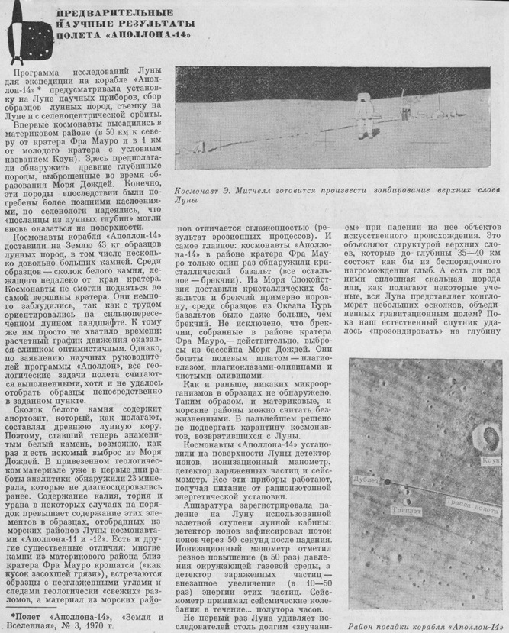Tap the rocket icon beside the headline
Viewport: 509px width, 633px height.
pos(22,31)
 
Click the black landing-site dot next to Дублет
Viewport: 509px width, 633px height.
pos(387,483)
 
